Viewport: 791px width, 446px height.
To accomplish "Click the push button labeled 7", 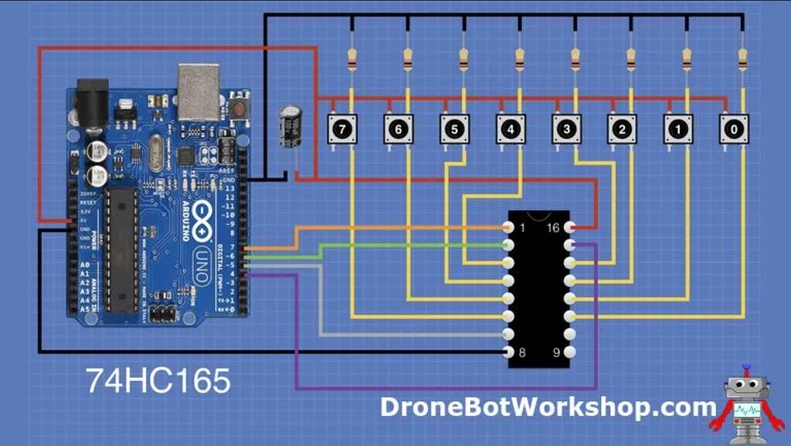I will [342, 128].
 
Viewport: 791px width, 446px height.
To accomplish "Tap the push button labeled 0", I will [733, 128].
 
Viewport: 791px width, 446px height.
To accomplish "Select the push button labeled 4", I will [510, 128].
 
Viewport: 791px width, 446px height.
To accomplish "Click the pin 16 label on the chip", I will [554, 228].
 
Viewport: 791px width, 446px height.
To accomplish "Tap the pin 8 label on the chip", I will [522, 352].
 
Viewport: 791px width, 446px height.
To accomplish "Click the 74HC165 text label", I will [158, 381].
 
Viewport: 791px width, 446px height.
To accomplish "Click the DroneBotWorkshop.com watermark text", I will [548, 406].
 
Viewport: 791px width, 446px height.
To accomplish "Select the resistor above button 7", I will [352, 58].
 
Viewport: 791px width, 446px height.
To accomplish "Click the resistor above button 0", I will [742, 58].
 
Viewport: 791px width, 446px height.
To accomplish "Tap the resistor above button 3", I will [575, 58].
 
